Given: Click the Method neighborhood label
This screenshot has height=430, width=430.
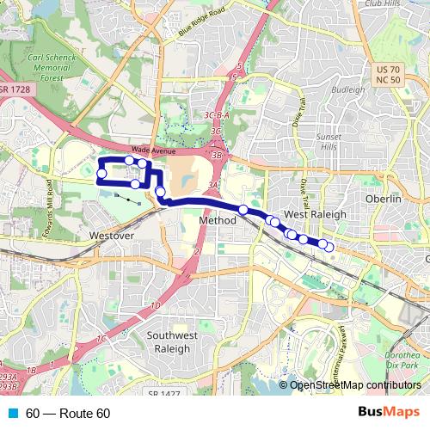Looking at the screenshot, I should (x=217, y=221).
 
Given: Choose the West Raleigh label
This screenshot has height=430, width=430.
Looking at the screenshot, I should (x=315, y=214).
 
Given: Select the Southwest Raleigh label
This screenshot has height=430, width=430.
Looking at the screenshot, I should (x=174, y=342).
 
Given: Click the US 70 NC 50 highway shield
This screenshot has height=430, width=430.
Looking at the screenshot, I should (x=389, y=74).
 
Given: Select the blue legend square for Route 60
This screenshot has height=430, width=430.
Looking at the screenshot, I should (x=13, y=413).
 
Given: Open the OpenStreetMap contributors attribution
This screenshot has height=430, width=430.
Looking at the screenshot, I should (x=355, y=384).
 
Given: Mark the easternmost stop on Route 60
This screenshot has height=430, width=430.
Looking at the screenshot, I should (x=329, y=249).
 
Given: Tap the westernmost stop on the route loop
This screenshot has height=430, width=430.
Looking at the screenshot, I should (x=101, y=175).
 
